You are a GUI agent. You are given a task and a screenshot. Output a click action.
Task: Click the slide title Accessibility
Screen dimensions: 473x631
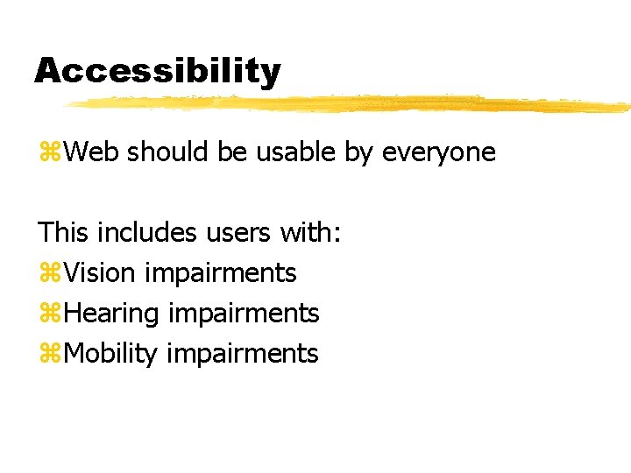pos(158,70)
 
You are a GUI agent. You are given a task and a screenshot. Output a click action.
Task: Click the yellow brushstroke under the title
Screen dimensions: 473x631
pos(351,104)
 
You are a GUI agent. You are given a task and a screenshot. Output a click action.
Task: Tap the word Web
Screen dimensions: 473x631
pos(93,152)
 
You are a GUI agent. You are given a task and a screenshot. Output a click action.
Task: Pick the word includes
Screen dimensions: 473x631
pos(147,233)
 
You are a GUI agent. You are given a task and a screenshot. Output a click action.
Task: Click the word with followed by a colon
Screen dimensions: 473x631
pos(310,233)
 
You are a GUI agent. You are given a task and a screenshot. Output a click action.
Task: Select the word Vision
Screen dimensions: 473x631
pos(100,273)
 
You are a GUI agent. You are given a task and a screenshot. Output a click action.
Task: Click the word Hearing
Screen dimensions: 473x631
pos(112,314)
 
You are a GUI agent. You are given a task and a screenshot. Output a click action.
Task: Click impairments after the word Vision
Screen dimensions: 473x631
pos(221,274)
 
